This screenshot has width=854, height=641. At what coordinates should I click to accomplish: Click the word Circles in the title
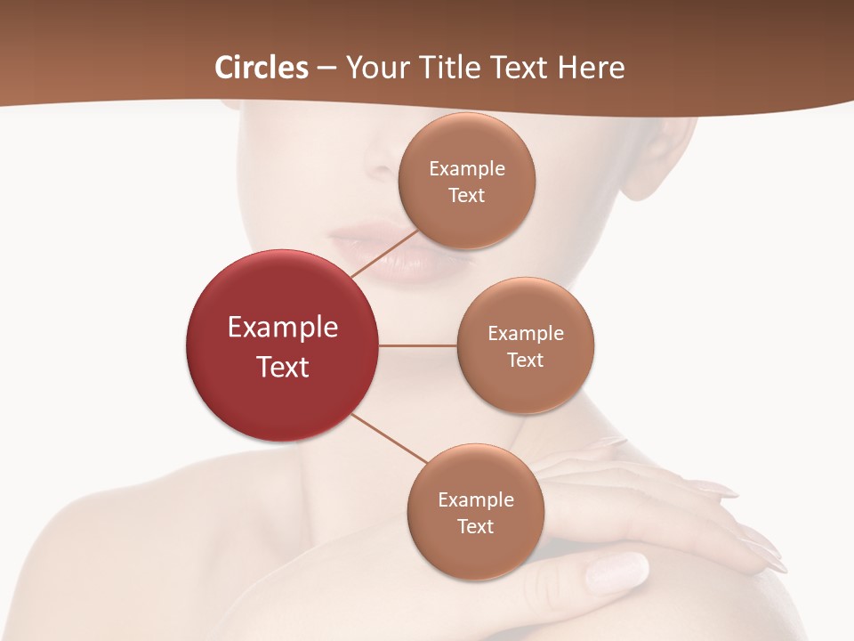pyautogui.click(x=262, y=68)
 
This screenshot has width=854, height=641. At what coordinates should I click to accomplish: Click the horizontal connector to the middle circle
pyautogui.click(x=417, y=345)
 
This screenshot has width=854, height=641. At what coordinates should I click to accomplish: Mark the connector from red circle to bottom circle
pyautogui.click(x=390, y=439)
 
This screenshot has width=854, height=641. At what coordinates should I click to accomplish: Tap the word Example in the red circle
pyautogui.click(x=283, y=327)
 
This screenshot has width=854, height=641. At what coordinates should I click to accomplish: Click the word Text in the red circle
pyautogui.click(x=283, y=366)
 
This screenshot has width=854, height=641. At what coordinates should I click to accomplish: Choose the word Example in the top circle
pyautogui.click(x=467, y=168)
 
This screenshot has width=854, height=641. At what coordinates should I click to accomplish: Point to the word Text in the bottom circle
pyautogui.click(x=476, y=526)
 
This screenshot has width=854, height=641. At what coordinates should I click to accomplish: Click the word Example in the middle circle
pyautogui.click(x=526, y=333)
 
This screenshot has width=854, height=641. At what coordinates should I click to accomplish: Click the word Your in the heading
pyautogui.click(x=374, y=68)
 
